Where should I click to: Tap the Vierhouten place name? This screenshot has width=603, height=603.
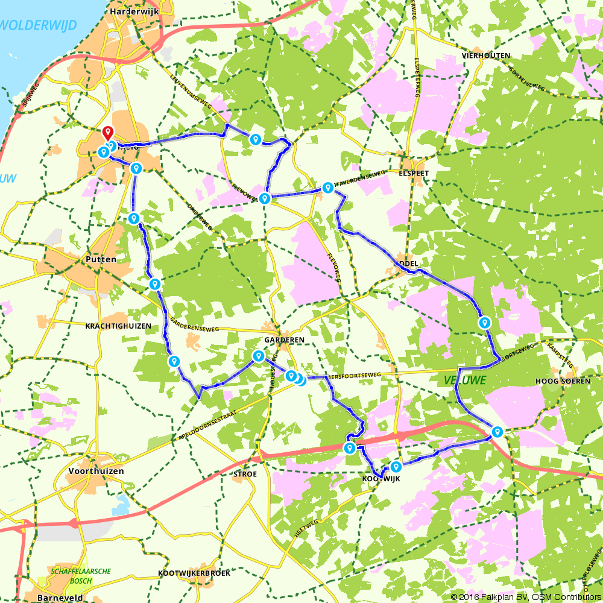486,55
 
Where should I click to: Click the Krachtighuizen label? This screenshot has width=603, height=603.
118,325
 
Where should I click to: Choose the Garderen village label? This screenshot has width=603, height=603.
283,339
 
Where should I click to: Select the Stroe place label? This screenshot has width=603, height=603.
245,474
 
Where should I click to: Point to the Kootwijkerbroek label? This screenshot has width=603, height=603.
194,573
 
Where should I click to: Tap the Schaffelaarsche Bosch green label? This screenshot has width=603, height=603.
74,575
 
